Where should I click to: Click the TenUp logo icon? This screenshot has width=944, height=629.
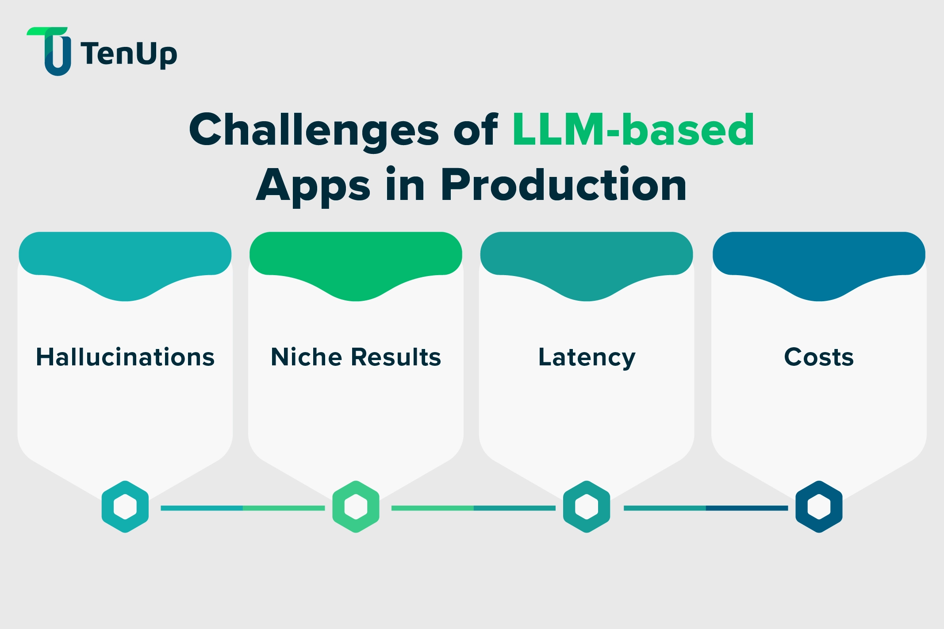[52, 51]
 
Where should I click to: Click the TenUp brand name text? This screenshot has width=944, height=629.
[129, 54]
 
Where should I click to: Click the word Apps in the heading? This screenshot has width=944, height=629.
[313, 186]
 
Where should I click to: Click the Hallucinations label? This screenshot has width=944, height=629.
[125, 357]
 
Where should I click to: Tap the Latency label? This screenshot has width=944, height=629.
[587, 357]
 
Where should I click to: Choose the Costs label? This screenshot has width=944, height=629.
[819, 357]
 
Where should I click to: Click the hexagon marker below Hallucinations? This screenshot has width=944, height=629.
[125, 506]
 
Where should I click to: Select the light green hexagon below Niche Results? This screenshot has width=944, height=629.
[356, 506]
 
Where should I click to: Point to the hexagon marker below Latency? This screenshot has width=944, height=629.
[587, 506]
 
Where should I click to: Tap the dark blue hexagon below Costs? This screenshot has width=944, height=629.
[819, 506]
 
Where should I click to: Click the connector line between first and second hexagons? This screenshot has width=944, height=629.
[242, 508]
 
